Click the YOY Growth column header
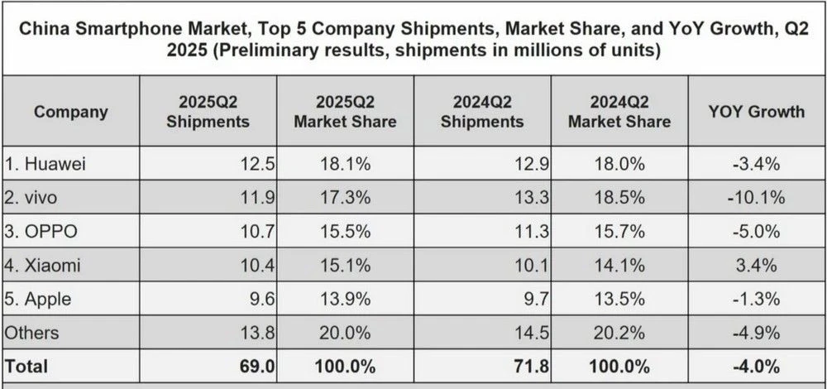point(756,112)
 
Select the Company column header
point(71,112)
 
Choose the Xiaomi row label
point(44,265)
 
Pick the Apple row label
point(41,299)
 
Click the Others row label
point(32,332)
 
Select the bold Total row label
point(27,365)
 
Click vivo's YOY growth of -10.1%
point(756,198)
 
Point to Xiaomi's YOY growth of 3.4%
point(756,265)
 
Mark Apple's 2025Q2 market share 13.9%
point(345,299)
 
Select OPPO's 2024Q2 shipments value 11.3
point(533,232)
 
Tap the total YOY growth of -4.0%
point(756,365)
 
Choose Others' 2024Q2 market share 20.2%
point(619,332)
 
